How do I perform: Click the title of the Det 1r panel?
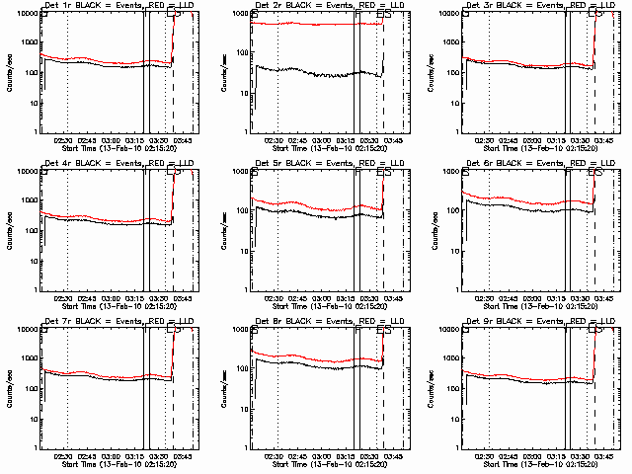click(109, 5)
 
